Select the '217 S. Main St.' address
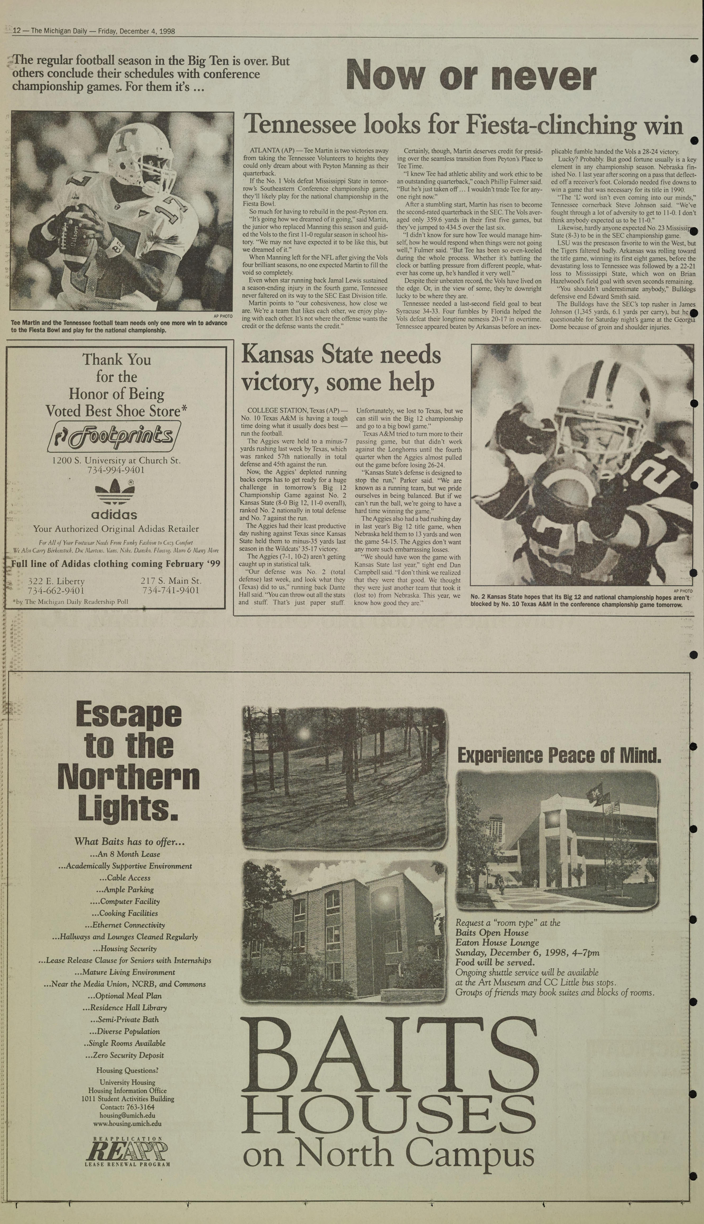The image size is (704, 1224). click(171, 581)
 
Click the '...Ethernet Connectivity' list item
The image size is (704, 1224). click(125, 925)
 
